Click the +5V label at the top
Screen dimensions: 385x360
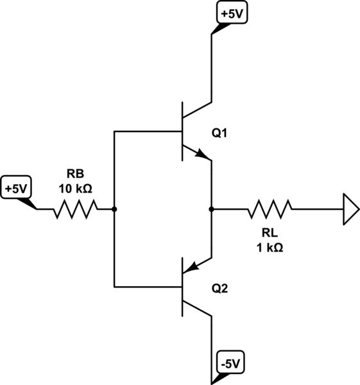tap(228, 13)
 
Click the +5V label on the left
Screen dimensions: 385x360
tap(16, 189)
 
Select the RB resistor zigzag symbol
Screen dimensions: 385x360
tap(75, 209)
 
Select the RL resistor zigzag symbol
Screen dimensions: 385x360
tap(270, 209)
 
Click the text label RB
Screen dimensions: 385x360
tap(74, 173)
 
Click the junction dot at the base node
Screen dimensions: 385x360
tap(114, 209)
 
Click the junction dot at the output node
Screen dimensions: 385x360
tap(211, 209)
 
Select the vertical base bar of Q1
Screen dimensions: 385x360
tap(183, 132)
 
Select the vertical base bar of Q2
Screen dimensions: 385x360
tap(183, 286)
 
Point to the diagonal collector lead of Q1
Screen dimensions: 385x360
tap(198, 110)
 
